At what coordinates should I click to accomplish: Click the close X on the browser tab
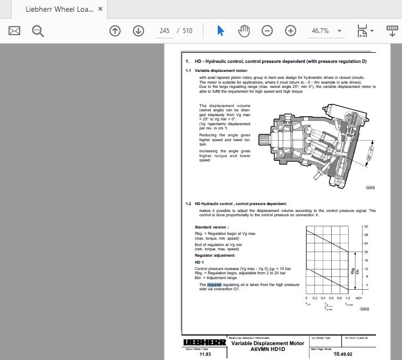pyautogui.click(x=100, y=10)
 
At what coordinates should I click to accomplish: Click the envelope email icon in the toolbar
pyautogui.click(x=14, y=31)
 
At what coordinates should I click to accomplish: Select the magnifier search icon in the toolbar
pyautogui.click(x=38, y=31)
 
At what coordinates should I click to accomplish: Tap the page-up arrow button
pyautogui.click(x=115, y=31)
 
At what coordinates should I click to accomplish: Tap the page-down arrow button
pyautogui.click(x=138, y=31)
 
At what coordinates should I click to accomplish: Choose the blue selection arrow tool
pyautogui.click(x=221, y=31)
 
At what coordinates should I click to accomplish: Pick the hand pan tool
pyautogui.click(x=244, y=31)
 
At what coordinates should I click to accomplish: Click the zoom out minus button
pyautogui.click(x=267, y=31)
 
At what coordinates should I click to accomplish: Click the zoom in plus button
pyautogui.click(x=290, y=31)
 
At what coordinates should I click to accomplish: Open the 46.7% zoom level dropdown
pyautogui.click(x=326, y=31)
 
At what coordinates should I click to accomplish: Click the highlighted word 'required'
pyautogui.click(x=214, y=285)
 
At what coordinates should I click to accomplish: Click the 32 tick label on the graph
pyautogui.click(x=366, y=227)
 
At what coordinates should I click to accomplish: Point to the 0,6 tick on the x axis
pyautogui.click(x=331, y=298)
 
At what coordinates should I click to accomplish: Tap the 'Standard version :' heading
pyautogui.click(x=211, y=227)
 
